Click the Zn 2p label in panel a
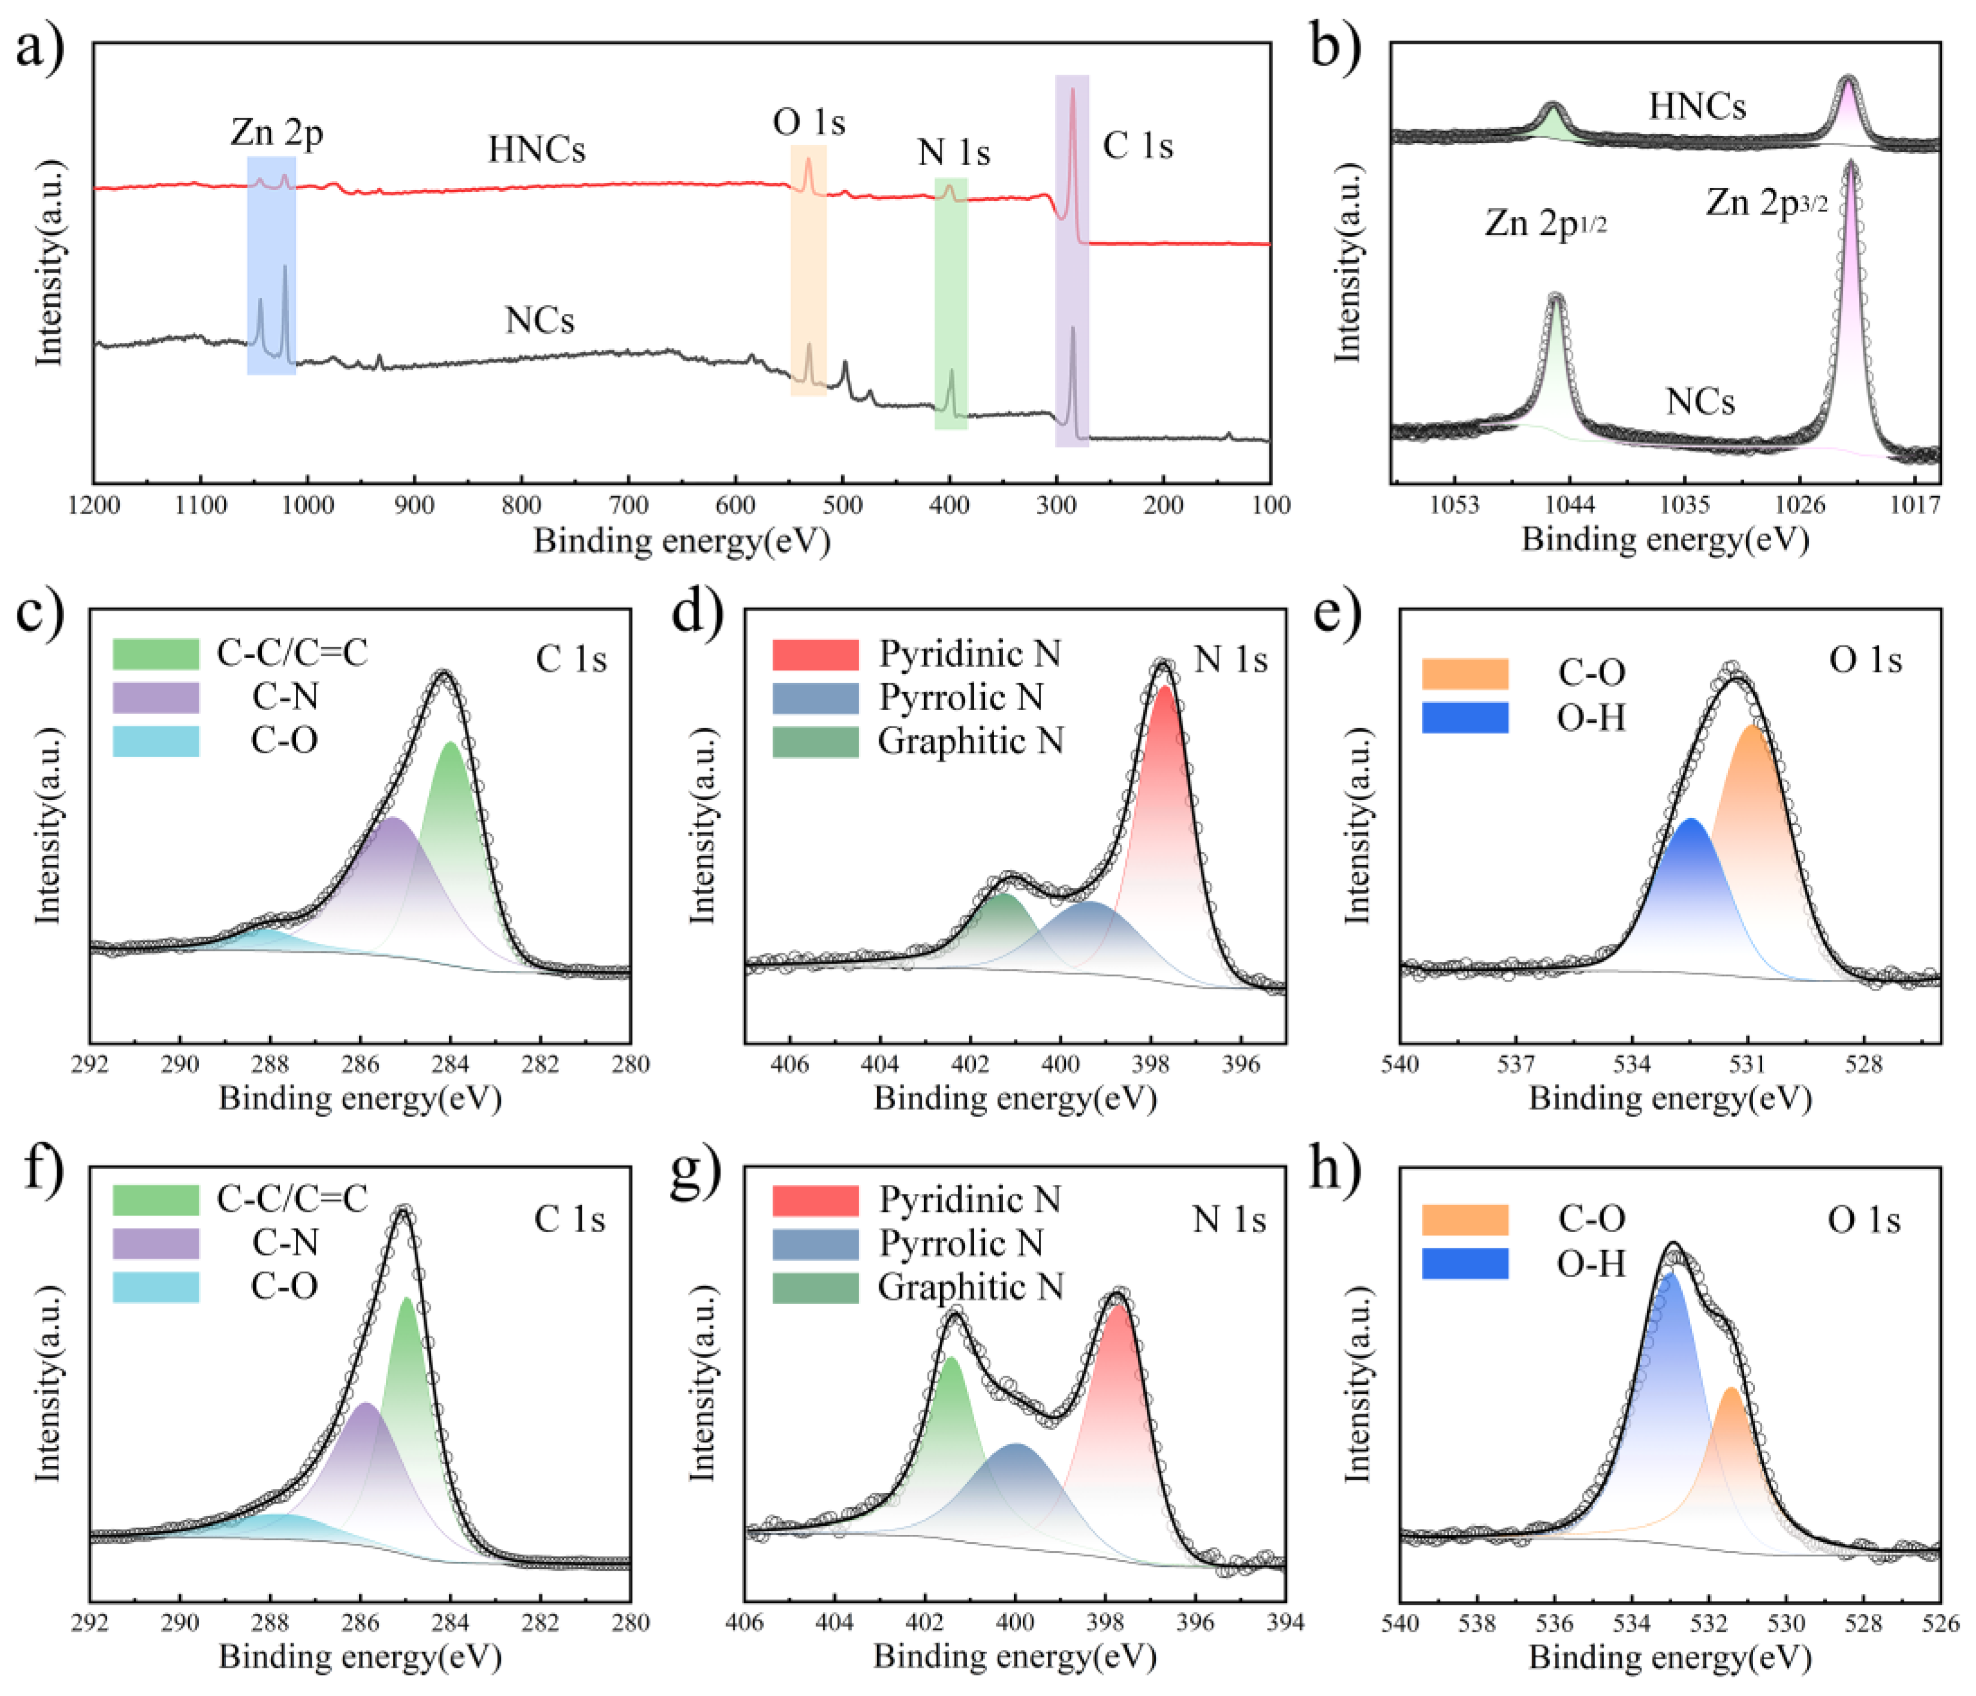[277, 132]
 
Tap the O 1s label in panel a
[809, 122]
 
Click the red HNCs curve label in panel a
[537, 150]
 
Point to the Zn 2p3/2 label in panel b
[1766, 203]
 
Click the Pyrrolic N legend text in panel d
[961, 698]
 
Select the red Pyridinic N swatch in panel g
[815, 1199]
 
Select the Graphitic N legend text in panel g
[971, 1287]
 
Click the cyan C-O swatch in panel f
[155, 1287]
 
